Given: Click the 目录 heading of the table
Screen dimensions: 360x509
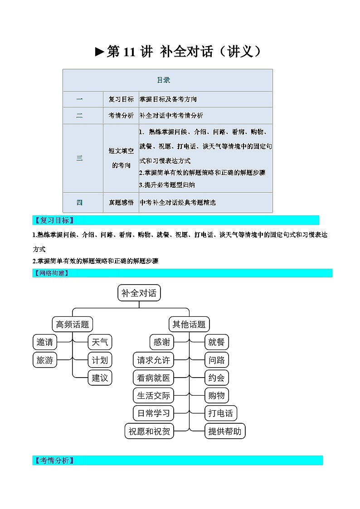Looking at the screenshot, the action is point(164,80).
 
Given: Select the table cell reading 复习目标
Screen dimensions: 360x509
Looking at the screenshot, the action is point(121,99).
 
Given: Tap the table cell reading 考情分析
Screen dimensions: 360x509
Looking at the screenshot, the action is point(121,115).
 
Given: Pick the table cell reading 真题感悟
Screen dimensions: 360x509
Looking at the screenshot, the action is point(121,202).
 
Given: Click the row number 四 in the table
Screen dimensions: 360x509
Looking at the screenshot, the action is point(79,203).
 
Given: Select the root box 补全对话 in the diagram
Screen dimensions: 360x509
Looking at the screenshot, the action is point(139,293).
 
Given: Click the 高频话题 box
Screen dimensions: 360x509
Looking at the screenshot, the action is point(73,324).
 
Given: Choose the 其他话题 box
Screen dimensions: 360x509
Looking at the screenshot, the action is point(189,324).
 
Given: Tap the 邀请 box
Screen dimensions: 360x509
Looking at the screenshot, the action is point(45,342).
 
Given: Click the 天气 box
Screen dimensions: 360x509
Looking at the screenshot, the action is point(100,342).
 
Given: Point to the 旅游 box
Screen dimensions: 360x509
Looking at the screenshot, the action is point(45,360).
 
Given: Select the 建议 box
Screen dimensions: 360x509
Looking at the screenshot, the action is point(100,378).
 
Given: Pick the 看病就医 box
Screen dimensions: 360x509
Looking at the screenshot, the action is point(154,378).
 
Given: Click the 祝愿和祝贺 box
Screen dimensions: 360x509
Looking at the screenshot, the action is point(149,431).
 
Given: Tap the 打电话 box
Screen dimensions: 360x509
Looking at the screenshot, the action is point(221,413).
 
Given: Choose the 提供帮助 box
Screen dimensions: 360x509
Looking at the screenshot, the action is point(225,431).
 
